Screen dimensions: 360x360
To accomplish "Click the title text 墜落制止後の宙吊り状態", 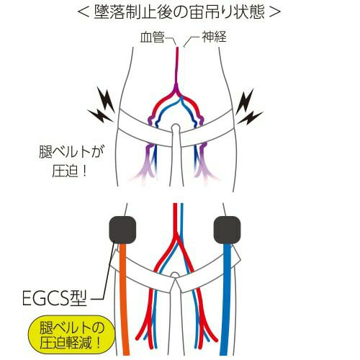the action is [x=179, y=12].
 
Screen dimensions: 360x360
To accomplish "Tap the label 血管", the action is [x=152, y=37].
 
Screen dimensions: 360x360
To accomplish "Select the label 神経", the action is [x=214, y=37].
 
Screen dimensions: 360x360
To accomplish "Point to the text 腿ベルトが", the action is [x=71, y=152].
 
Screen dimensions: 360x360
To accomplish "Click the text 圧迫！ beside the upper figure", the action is [x=70, y=171].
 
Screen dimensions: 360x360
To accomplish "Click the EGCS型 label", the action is [x=55, y=298].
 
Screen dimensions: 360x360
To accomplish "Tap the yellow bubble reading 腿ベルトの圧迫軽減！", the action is [x=71, y=336].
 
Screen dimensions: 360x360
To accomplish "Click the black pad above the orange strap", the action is [x=122, y=230].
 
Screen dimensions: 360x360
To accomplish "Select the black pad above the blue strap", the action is [x=227, y=230].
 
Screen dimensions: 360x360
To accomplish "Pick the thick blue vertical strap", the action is [x=225, y=299].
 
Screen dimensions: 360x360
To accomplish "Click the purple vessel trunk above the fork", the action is [x=177, y=70].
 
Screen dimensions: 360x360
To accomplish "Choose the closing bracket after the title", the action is [x=274, y=12].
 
